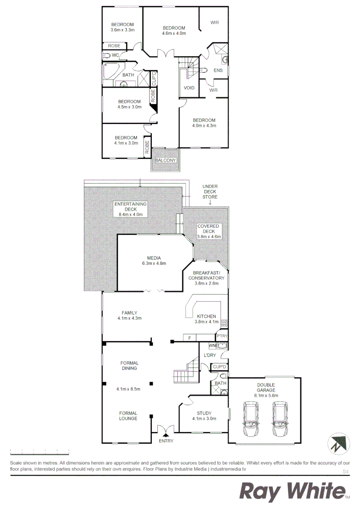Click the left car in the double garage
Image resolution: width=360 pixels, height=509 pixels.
(250, 420)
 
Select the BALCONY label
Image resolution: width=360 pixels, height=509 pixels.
(165, 160)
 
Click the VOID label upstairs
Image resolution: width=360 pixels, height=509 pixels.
(189, 88)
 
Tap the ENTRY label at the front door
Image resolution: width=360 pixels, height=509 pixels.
(166, 441)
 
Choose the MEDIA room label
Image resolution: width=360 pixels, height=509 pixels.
(154, 258)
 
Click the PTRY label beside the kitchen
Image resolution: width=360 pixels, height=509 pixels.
(221, 337)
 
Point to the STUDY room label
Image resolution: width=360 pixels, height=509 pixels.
(204, 413)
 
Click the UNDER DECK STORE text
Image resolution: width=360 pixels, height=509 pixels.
(210, 191)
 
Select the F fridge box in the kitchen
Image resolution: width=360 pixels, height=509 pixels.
(189, 337)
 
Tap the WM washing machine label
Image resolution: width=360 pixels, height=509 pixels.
(212, 346)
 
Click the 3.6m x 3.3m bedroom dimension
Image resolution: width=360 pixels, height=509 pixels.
(123, 30)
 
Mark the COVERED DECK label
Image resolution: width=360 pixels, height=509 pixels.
(208, 229)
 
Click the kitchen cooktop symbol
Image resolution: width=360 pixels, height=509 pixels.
(224, 323)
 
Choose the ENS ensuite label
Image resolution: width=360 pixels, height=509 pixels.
(218, 71)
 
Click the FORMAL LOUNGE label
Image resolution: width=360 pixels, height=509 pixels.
(128, 416)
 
